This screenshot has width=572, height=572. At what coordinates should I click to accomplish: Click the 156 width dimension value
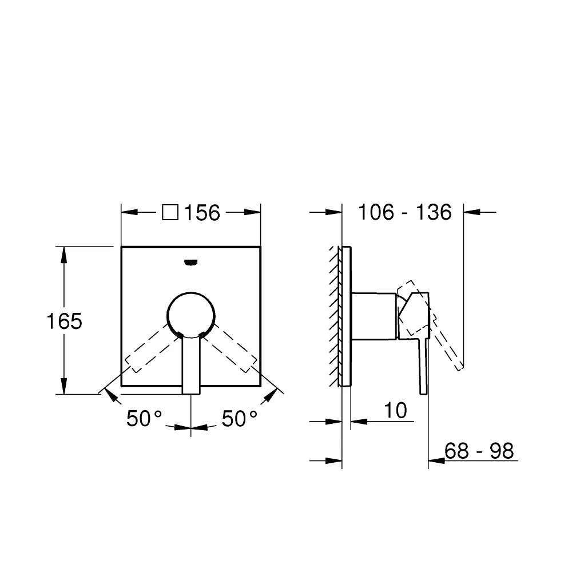coord(202,213)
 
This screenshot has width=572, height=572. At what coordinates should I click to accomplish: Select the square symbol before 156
coord(170,213)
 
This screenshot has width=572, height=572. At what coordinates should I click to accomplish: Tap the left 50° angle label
coord(145,419)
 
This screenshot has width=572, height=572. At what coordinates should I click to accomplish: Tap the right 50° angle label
coord(239,419)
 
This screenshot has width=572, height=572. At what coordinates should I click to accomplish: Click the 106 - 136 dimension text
coord(404,212)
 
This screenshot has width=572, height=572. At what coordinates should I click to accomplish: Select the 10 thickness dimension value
coord(395,410)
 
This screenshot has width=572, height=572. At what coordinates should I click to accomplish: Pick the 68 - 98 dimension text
coord(479,451)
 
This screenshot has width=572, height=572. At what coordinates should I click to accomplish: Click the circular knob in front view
coord(192,314)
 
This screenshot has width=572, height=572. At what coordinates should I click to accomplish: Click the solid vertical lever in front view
coord(191,366)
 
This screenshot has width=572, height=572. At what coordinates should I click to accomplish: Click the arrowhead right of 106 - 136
coord(473,212)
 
